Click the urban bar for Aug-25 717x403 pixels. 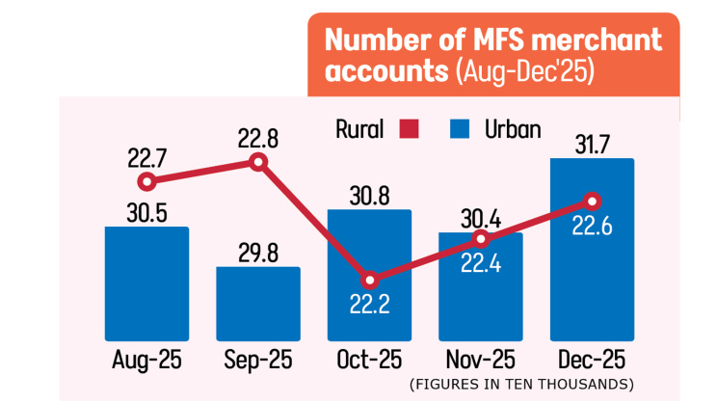(x=146, y=284)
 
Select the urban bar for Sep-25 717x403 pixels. (x=258, y=305)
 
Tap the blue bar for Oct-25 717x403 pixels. (x=369, y=251)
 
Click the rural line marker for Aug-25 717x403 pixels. (x=146, y=181)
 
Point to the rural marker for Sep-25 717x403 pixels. (x=257, y=162)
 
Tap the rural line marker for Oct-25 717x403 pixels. (x=369, y=281)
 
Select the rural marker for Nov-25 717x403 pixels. (x=481, y=239)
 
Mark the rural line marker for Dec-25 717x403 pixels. (x=593, y=201)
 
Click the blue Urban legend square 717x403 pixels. (x=461, y=129)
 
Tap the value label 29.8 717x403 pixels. (x=258, y=253)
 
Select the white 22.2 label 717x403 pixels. (x=369, y=307)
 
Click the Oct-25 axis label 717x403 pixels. (x=369, y=362)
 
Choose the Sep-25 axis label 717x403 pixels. (x=258, y=362)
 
